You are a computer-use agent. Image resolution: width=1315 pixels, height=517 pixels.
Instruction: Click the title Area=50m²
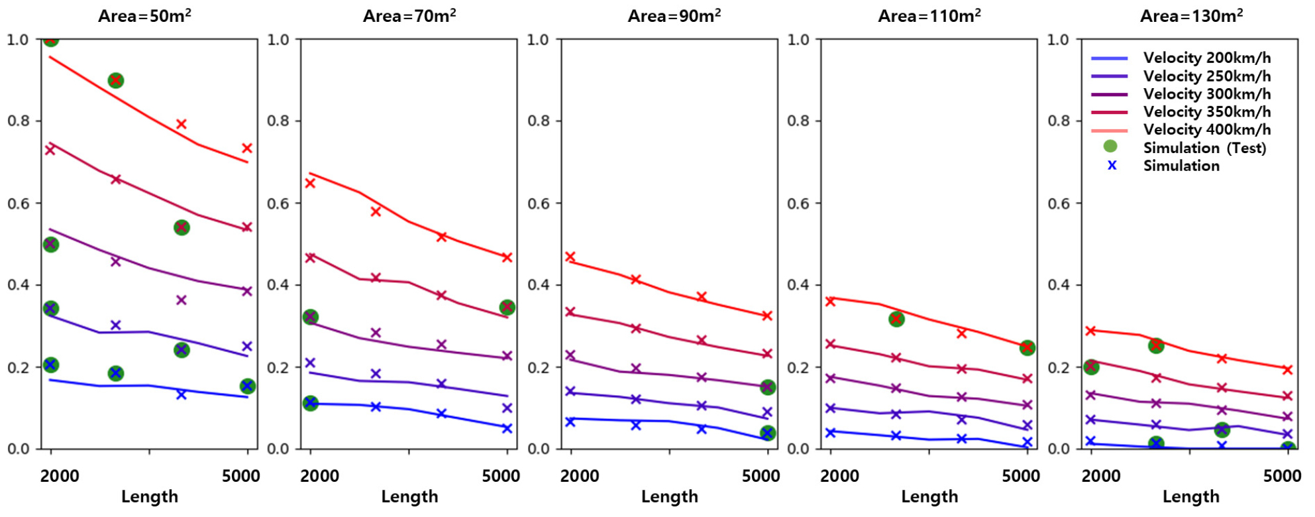click(144, 16)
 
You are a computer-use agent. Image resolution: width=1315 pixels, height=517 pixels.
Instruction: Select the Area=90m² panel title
click(674, 16)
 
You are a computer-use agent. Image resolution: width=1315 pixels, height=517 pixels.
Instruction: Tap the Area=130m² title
click(1190, 16)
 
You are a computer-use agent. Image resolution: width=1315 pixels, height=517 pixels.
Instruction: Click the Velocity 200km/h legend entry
click(1206, 58)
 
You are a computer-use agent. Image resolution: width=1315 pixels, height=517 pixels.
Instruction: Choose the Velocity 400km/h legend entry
click(1206, 130)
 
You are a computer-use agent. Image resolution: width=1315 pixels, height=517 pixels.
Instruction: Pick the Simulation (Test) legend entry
click(1204, 148)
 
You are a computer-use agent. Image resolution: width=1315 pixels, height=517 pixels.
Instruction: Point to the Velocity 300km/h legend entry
click(1206, 94)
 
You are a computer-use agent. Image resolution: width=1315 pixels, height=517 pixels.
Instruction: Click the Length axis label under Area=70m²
click(409, 496)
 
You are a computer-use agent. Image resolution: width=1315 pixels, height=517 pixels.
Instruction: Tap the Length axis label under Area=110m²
click(929, 496)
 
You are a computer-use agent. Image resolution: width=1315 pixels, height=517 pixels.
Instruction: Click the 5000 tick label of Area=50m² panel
click(241, 476)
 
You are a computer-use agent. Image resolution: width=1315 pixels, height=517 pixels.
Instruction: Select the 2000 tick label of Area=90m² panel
click(580, 476)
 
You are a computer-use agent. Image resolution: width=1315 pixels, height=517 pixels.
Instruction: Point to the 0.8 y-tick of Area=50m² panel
click(19, 121)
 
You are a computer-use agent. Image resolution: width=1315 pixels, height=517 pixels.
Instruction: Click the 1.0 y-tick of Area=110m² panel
click(798, 40)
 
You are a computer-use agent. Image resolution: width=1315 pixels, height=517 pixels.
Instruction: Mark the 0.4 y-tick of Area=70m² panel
click(278, 285)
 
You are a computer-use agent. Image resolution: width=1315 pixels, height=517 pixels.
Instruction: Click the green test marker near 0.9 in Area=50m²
click(116, 81)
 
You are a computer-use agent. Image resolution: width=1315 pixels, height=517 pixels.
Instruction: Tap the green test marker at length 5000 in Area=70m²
click(507, 308)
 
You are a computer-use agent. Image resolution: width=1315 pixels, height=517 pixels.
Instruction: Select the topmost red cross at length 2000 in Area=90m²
click(570, 257)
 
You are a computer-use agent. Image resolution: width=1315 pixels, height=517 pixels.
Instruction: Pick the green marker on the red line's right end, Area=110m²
click(1027, 348)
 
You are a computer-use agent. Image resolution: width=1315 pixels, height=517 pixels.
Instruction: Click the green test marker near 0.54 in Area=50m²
click(182, 228)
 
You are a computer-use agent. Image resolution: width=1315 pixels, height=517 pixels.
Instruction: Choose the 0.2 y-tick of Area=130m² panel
click(1059, 367)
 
